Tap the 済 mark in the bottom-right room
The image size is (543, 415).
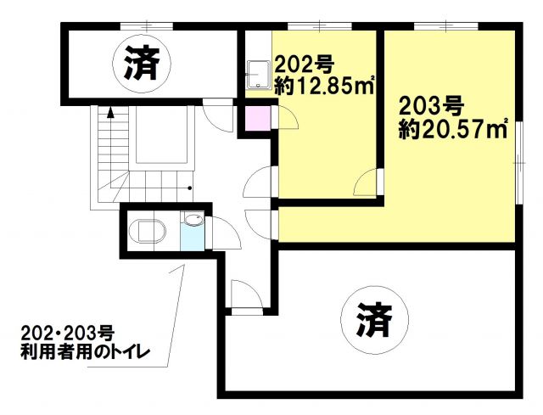pyautogui.click(x=375, y=320)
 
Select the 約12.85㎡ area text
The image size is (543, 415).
pyautogui.click(x=324, y=85)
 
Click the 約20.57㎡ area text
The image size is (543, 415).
pyautogui.click(x=453, y=129)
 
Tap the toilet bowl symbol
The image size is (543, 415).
pyautogui.click(x=148, y=231)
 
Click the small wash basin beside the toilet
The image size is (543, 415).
pyautogui.click(x=193, y=220)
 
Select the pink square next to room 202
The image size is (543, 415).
pyautogui.click(x=258, y=118)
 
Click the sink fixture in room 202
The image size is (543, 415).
pyautogui.click(x=258, y=74)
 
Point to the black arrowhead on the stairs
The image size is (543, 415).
pyautogui.click(x=110, y=113)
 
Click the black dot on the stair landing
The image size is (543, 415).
pyautogui.click(x=189, y=188)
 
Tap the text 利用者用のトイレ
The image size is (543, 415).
pyautogui.click(x=85, y=352)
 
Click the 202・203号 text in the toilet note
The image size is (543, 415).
pyautogui.click(x=67, y=334)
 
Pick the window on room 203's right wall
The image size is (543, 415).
pyautogui.click(x=518, y=163)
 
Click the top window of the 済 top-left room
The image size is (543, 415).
pyautogui.click(x=147, y=26)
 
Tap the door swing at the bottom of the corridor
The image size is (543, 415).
pyautogui.click(x=247, y=294)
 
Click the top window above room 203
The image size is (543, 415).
pyautogui.click(x=446, y=26)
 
